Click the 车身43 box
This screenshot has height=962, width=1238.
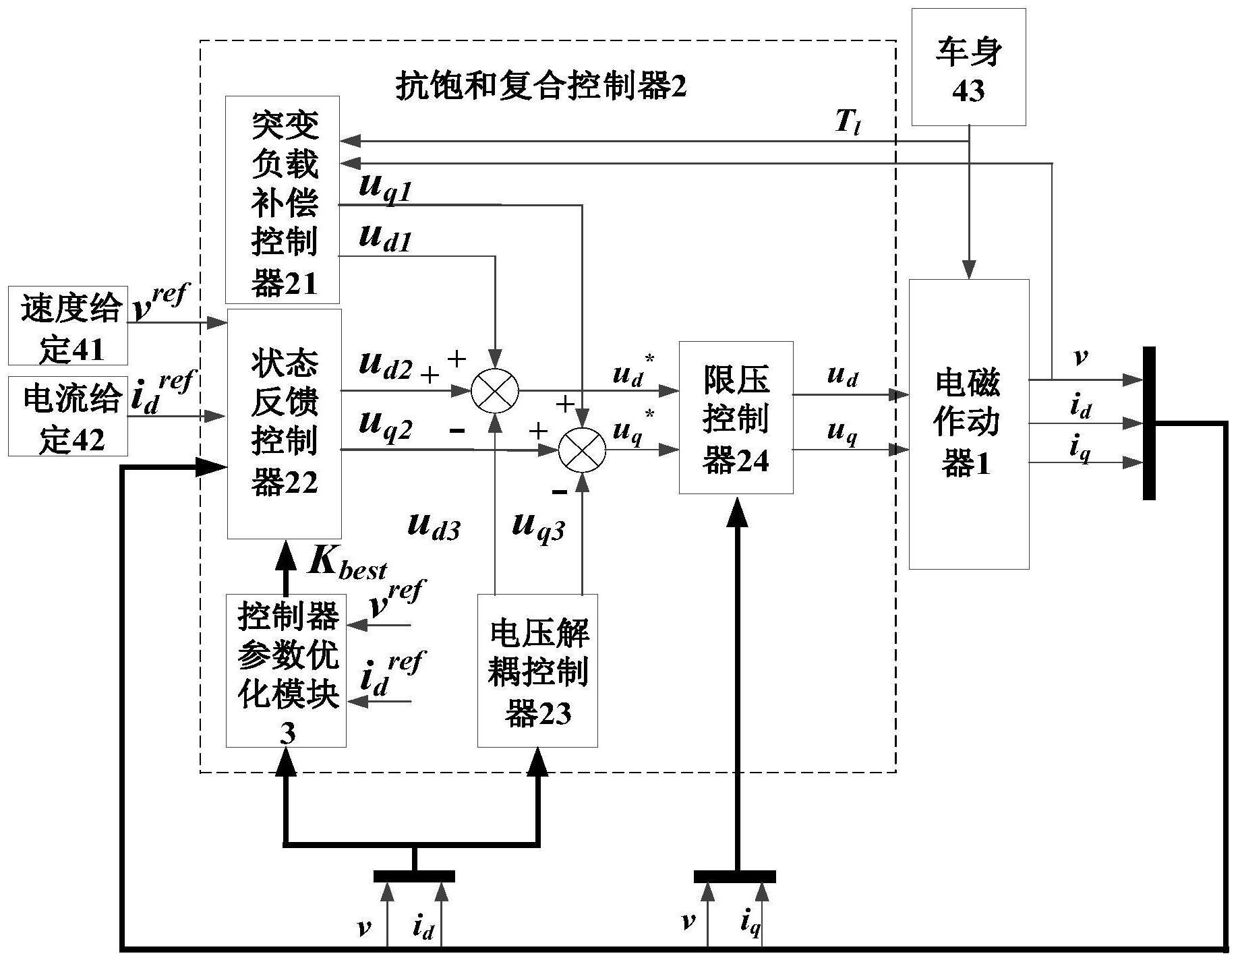pos(968,67)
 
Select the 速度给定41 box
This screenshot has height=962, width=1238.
pos(68,326)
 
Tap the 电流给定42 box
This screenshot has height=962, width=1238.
pos(68,416)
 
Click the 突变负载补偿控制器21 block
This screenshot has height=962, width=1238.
pos(282,200)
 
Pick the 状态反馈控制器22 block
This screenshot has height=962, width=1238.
pos(285,423)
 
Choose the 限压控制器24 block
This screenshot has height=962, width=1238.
pos(736,417)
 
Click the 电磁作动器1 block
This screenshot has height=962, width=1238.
pos(968,423)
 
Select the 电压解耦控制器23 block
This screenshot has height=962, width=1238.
pos(537,670)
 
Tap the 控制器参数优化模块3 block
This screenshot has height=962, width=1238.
pos(286,670)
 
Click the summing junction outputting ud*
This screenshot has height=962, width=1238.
pos(494,390)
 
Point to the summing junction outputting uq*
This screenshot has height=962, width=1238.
pos(583,450)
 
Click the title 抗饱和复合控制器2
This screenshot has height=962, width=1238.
pos(540,86)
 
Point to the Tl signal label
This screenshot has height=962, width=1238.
pos(847,122)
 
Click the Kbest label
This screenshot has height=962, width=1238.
pos(347,561)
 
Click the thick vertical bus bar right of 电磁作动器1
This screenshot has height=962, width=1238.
pos(1149,423)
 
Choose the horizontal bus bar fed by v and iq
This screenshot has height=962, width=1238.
pos(735,876)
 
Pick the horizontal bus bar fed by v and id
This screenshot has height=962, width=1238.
pos(414,876)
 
